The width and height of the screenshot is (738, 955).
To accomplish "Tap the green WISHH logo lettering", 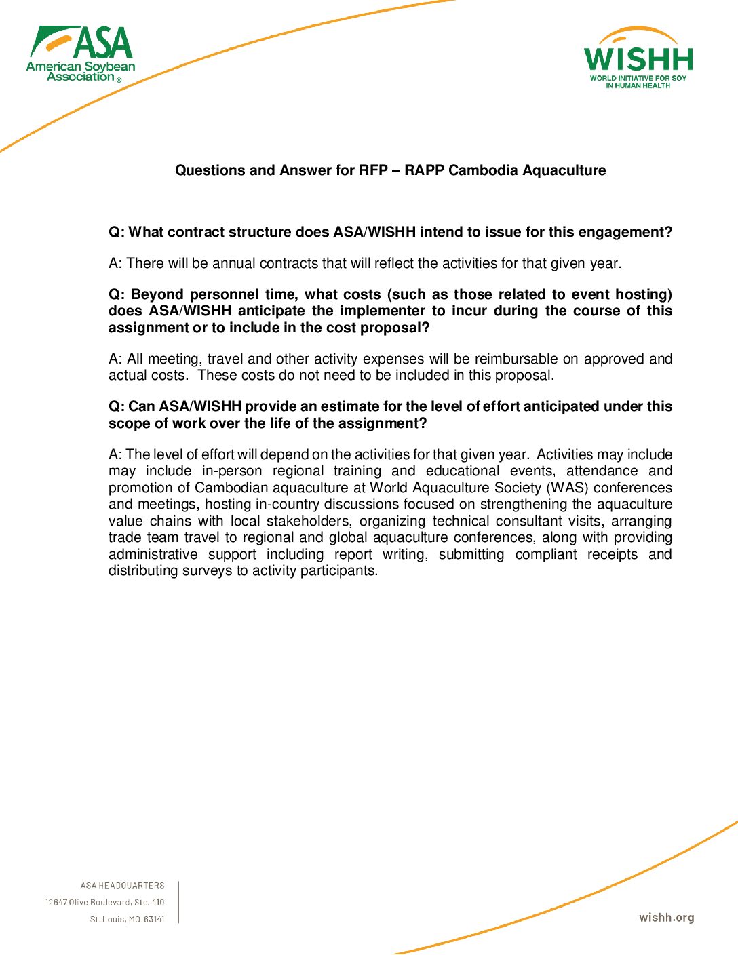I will pyautogui.click(x=638, y=60).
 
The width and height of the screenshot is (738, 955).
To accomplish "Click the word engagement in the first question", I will pyautogui.click(x=624, y=232).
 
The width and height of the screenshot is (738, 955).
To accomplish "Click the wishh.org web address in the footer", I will pyautogui.click(x=666, y=918).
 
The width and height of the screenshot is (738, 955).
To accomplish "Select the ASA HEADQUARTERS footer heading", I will pyautogui.click(x=122, y=885).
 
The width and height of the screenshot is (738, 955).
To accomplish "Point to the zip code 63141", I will pyautogui.click(x=154, y=919).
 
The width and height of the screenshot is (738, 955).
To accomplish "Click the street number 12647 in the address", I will pyautogui.click(x=56, y=902).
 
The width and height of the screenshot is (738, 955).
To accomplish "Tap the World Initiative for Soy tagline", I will pyautogui.click(x=638, y=78).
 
